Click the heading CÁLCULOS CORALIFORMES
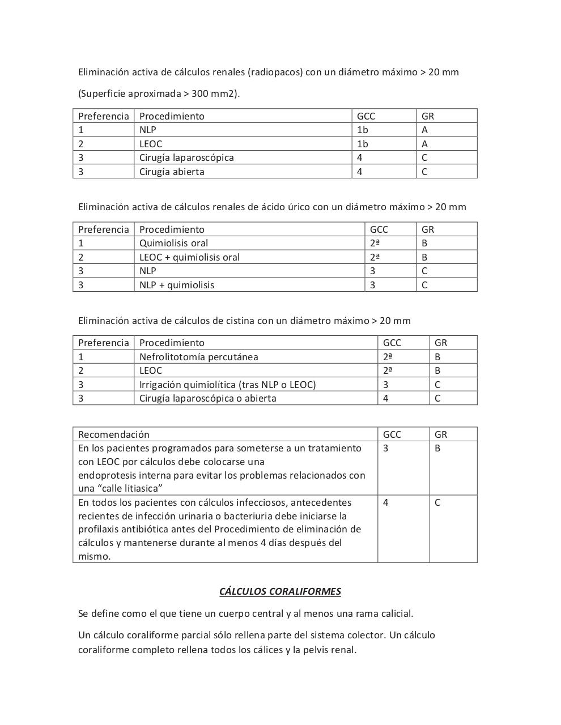coord(280,591)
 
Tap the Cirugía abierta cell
coord(172,172)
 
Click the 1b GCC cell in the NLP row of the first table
coord(363,130)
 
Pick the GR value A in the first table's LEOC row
coord(424,144)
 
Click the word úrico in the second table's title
coord(296,207)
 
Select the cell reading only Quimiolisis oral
coord(173,243)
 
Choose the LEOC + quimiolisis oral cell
coord(189,257)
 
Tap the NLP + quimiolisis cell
coord(177,285)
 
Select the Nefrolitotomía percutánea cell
coord(198,357)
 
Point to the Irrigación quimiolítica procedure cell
coord(227,385)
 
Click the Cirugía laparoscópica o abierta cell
coord(207,398)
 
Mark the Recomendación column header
coord(113,434)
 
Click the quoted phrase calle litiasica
coord(129,488)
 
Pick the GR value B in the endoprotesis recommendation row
coord(437,448)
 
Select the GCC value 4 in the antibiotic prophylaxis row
coord(386,502)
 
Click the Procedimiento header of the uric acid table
coord(172,229)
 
